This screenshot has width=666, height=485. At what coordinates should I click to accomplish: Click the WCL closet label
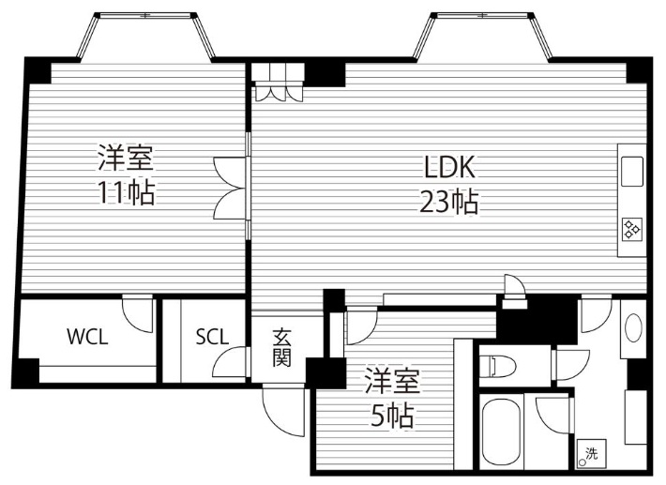pos(86,337)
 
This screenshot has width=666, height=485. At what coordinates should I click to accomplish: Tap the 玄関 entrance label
pos(281,345)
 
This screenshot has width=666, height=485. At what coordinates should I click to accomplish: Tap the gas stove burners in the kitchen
pos(631,228)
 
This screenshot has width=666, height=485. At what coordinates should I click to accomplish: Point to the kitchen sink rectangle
pos(631,171)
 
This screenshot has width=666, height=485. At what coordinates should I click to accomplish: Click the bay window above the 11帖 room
pos(147,36)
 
